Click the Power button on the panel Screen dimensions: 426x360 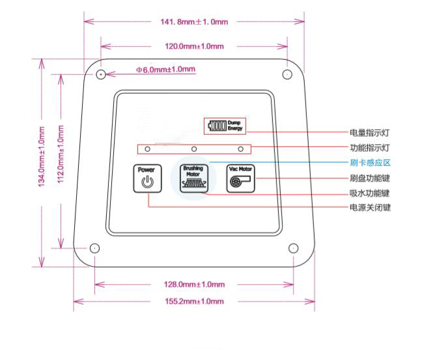147,178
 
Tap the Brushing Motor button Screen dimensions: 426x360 194,178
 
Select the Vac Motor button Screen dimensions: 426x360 240,178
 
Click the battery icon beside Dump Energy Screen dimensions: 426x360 217,126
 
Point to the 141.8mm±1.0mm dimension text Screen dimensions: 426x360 194,21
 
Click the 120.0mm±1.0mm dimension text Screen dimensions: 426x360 194,46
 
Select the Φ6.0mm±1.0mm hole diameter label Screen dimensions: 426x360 165,70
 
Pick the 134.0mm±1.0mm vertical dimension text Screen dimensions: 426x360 42,157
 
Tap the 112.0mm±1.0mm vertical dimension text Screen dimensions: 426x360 61,154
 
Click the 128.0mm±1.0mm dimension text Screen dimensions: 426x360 194,284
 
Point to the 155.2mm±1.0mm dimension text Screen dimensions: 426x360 194,301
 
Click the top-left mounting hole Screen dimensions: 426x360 101,74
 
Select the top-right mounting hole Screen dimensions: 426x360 287,74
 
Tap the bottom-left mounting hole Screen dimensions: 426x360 94,248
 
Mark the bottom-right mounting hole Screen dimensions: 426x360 293,248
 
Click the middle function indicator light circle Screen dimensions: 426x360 194,149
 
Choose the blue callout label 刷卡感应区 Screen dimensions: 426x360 370,163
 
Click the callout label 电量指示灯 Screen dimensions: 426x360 369,133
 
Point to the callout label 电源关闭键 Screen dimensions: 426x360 370,208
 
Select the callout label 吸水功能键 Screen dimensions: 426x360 369,193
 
